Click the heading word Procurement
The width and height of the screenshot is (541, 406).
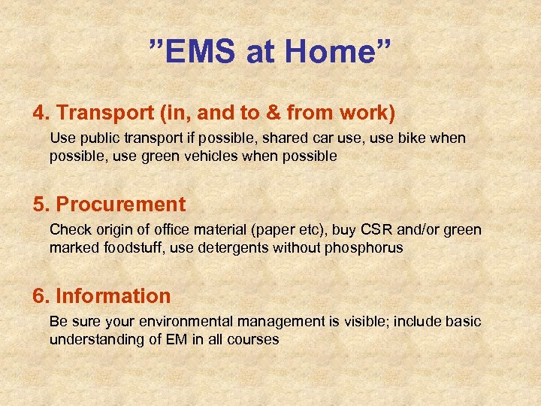coord(121,205)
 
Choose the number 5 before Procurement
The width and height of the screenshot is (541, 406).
coord(38,205)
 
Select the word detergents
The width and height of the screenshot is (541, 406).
coord(229,247)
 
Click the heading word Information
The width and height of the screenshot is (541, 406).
coord(113,296)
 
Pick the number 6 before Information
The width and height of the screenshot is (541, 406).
coord(38,296)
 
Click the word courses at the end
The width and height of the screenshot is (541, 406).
coord(255,339)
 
